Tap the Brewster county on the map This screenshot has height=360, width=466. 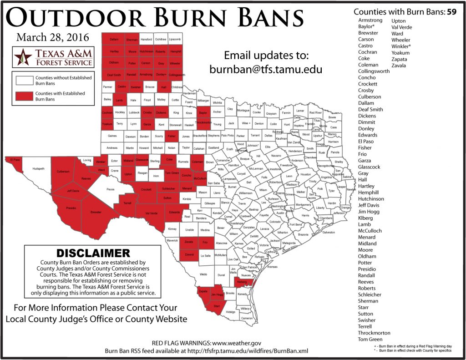96,213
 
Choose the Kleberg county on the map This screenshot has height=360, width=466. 243,283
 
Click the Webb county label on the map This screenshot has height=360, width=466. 203,274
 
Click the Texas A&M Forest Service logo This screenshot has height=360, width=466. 54,57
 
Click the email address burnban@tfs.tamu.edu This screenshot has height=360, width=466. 266,70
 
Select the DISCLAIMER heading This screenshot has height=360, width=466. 93,253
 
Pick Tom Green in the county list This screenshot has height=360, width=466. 370,339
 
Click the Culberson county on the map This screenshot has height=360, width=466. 63,172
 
